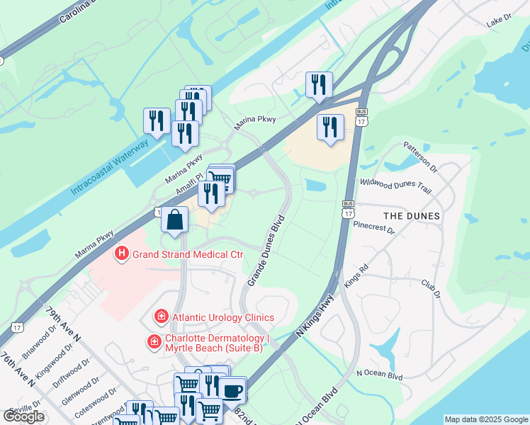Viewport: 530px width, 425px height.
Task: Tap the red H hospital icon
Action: pyautogui.click(x=121, y=253)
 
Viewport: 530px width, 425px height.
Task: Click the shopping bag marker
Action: pyautogui.click(x=174, y=220)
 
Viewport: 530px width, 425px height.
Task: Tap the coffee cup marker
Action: pyautogui.click(x=232, y=390)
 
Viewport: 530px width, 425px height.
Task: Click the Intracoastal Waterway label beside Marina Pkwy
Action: pyautogui.click(x=110, y=167)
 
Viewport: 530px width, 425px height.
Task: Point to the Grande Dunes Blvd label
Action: pyautogui.click(x=266, y=251)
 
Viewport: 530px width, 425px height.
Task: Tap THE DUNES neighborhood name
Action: pyautogui.click(x=411, y=215)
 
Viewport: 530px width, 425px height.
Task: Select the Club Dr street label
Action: pyautogui.click(x=431, y=288)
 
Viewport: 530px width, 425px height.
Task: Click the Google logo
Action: pyautogui.click(x=24, y=416)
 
